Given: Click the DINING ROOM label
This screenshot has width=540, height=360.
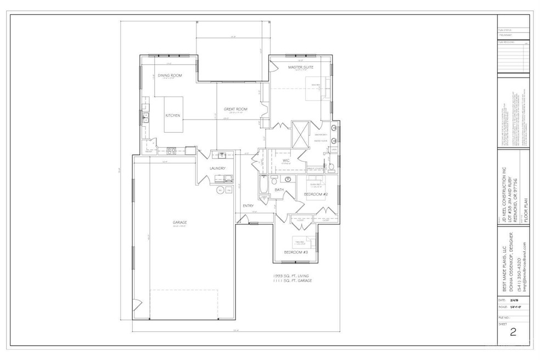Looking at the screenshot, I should [x=170, y=75].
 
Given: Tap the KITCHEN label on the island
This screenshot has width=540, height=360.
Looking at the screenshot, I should [x=173, y=116].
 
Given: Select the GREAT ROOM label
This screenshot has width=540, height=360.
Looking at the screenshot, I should [x=235, y=109].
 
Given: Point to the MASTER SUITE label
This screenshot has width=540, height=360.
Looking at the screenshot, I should [x=300, y=67].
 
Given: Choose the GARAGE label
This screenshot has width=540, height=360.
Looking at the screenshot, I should [x=180, y=222].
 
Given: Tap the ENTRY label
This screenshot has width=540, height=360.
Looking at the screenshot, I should [x=248, y=206].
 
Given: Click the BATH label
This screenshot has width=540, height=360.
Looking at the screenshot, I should [x=279, y=190].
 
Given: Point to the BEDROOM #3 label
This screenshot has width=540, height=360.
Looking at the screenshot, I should [x=296, y=252].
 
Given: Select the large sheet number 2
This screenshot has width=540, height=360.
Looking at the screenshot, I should [x=513, y=331].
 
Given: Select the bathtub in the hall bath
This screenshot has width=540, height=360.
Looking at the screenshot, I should [x=264, y=188].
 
